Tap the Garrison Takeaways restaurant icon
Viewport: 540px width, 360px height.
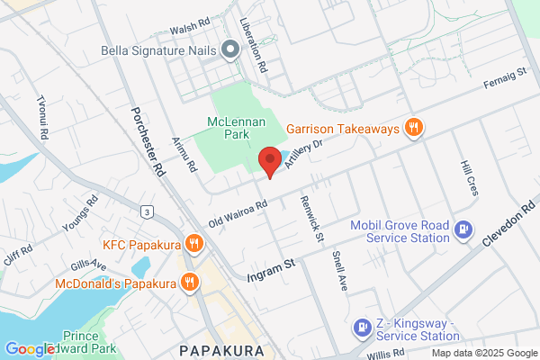414,128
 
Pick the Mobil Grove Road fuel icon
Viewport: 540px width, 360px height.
463,229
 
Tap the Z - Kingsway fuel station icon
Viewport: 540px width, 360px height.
362,328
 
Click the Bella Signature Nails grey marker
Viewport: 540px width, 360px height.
231,50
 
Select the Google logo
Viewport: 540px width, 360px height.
30,349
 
